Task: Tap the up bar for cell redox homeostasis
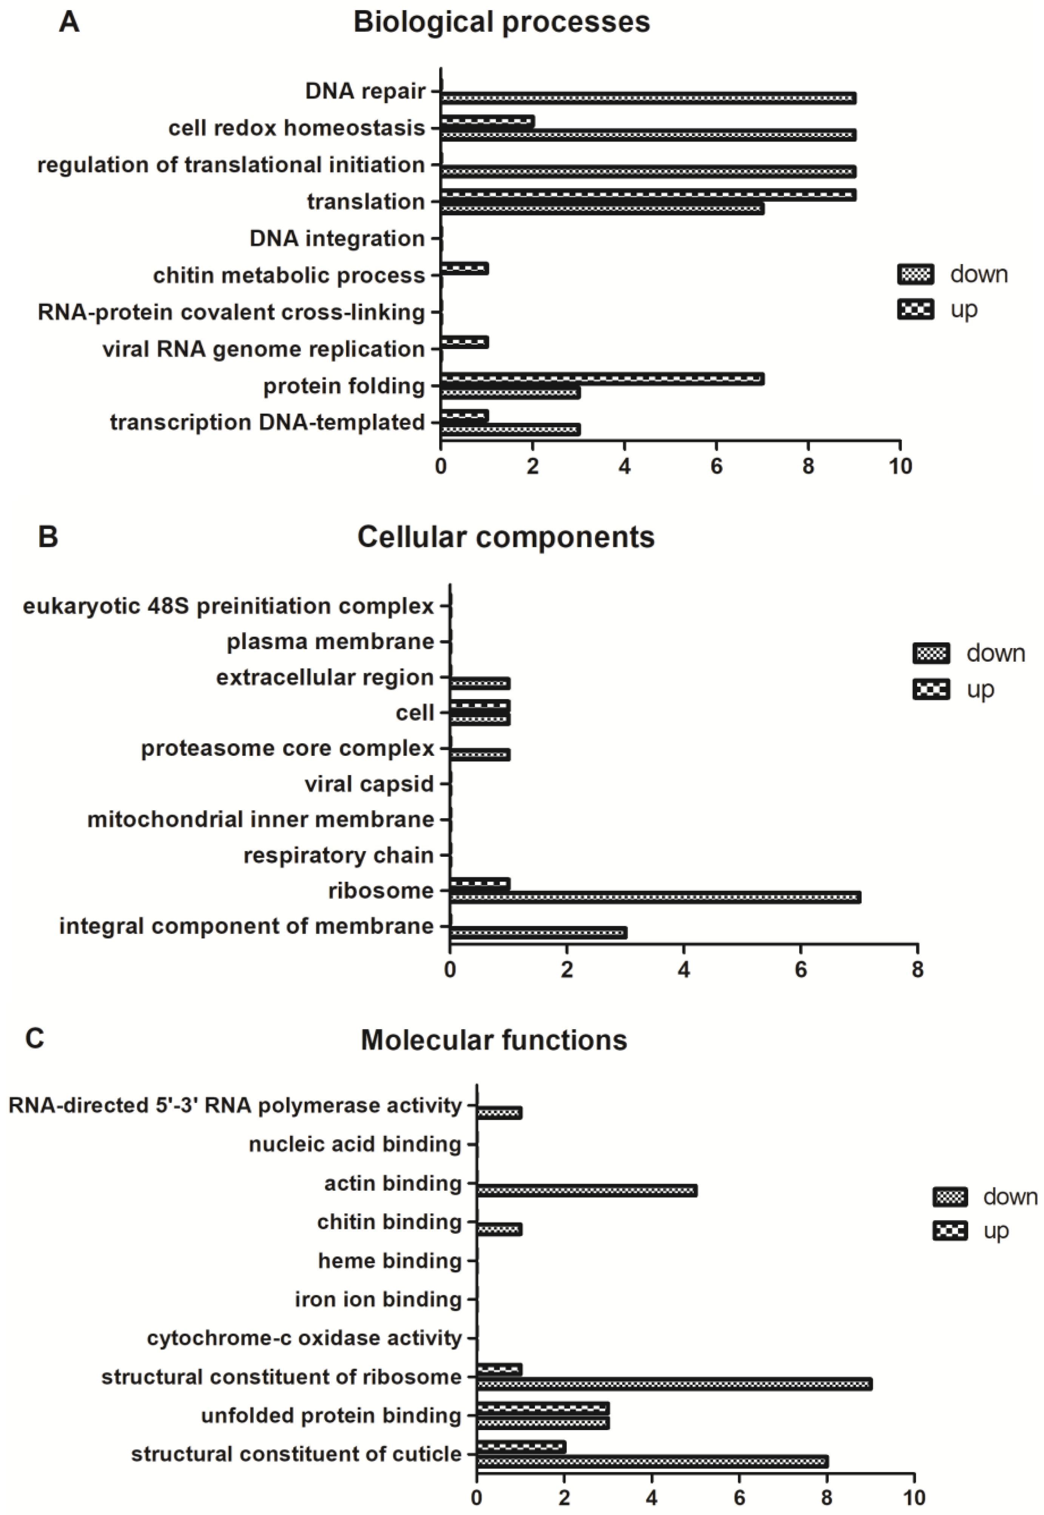(x=487, y=122)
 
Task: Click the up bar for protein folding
(x=602, y=379)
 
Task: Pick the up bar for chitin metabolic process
(x=464, y=269)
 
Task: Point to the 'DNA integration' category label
(x=337, y=239)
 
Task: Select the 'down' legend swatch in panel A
(x=915, y=275)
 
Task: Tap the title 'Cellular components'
(x=506, y=537)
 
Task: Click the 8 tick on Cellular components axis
(x=917, y=970)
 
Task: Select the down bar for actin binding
(x=587, y=1191)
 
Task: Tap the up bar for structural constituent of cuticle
(x=521, y=1447)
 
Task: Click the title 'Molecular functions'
(x=494, y=1040)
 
